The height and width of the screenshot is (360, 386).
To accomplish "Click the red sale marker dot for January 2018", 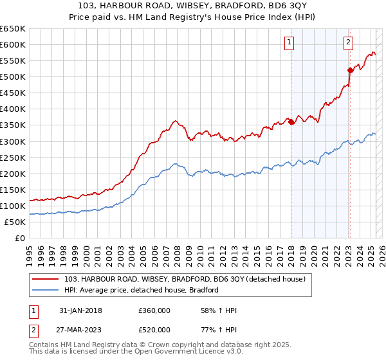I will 291,122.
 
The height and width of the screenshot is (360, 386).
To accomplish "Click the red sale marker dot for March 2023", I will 350,70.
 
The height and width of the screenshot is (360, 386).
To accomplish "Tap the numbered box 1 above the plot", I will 289,43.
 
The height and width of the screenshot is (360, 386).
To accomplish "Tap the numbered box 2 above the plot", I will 348,43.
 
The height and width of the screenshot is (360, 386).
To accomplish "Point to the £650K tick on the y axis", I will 13,29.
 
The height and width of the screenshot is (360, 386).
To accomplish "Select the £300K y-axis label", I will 13,141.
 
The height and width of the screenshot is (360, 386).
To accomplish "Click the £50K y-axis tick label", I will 15,222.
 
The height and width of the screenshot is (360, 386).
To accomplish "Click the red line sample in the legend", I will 46,278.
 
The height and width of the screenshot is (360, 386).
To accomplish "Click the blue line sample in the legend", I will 46,290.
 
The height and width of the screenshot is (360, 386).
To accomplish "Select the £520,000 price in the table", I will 154,330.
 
